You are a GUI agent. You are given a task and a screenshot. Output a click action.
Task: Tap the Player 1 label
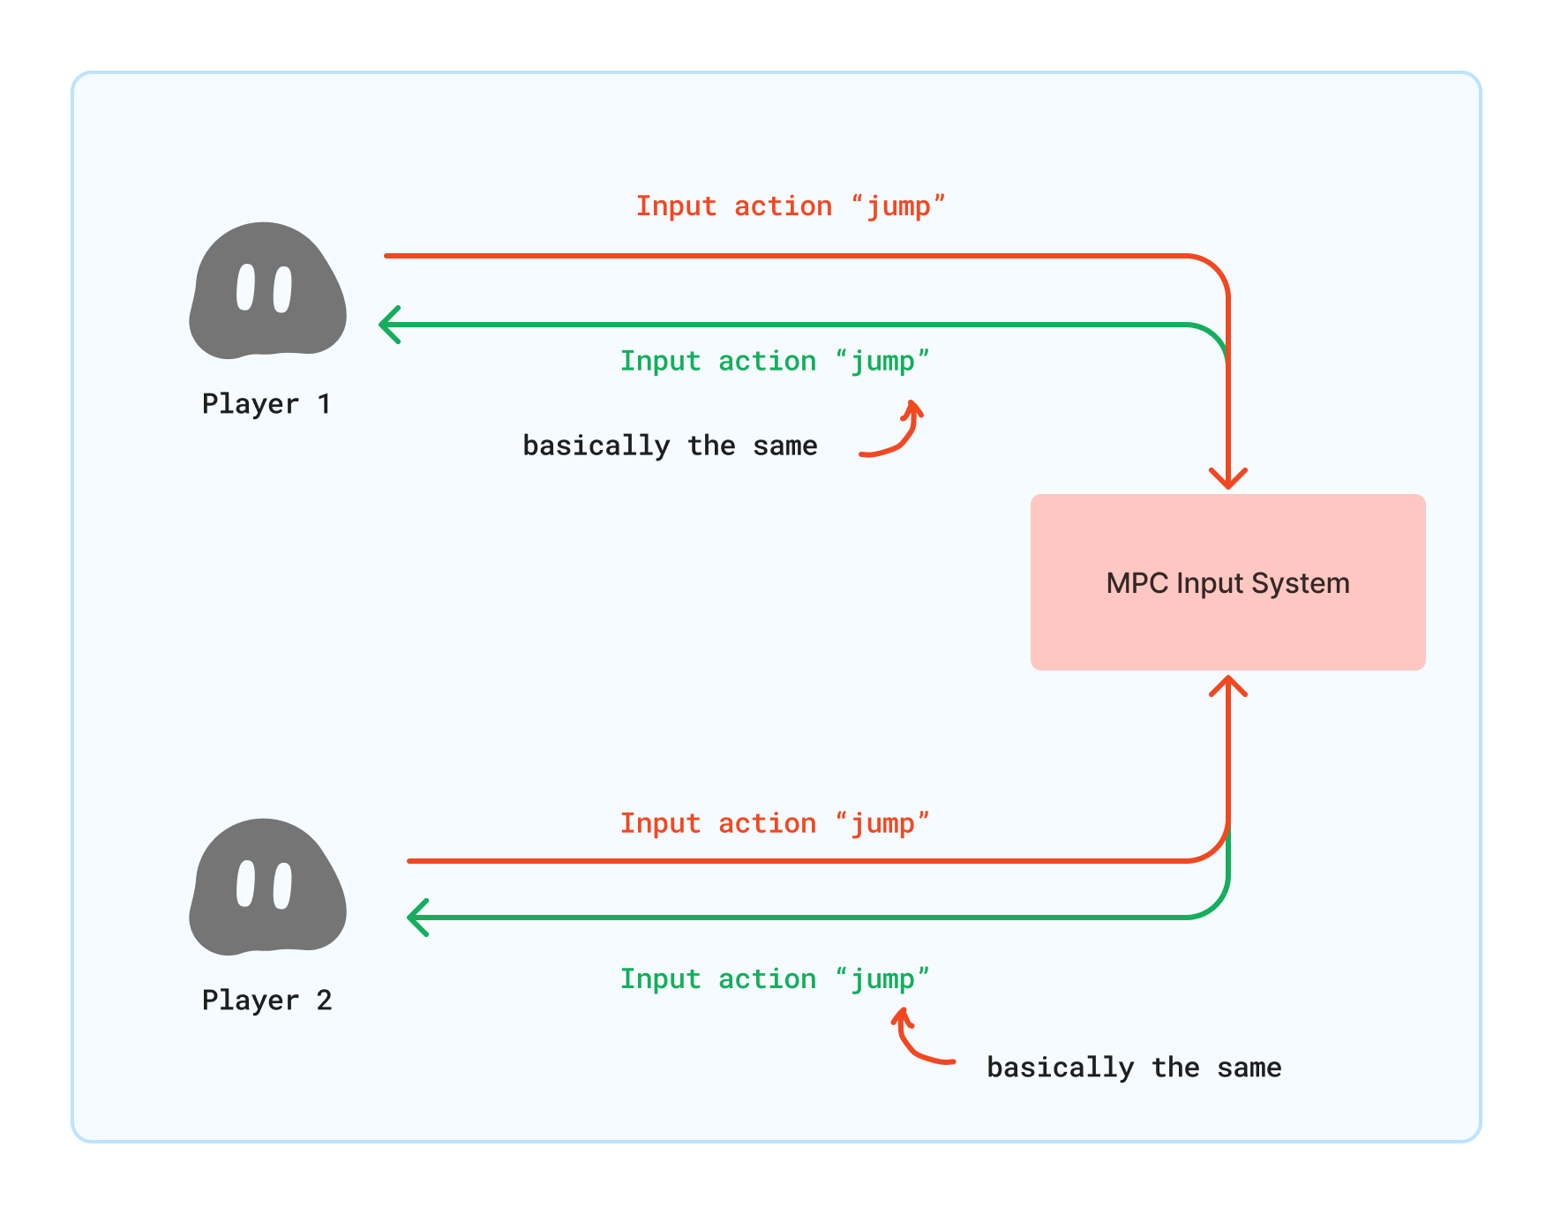coord(266,404)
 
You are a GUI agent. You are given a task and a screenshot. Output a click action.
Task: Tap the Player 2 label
coord(266,1000)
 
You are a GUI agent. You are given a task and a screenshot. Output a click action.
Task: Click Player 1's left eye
coord(245,288)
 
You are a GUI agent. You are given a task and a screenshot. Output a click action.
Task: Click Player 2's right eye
coord(282,886)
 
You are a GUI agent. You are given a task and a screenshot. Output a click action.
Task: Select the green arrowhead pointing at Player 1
coord(389,325)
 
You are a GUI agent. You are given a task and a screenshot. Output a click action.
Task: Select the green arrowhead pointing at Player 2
coord(417,918)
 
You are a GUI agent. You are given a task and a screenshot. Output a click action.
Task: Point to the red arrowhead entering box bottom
coord(1227,686)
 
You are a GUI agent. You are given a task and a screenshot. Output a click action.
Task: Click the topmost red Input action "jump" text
coord(791,206)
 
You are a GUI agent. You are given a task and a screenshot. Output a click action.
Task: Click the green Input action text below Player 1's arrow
coord(775,362)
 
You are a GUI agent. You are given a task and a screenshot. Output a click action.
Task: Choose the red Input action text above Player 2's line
coord(775,824)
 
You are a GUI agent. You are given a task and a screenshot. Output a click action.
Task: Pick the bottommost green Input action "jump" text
coord(775,979)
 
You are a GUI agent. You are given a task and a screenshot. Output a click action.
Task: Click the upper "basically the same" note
coord(670,446)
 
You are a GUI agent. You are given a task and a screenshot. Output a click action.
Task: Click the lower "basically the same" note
coord(1134,1068)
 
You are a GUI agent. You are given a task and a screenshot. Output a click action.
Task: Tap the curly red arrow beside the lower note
coord(918,1041)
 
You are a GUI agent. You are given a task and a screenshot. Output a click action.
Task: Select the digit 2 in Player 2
coord(324,1000)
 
